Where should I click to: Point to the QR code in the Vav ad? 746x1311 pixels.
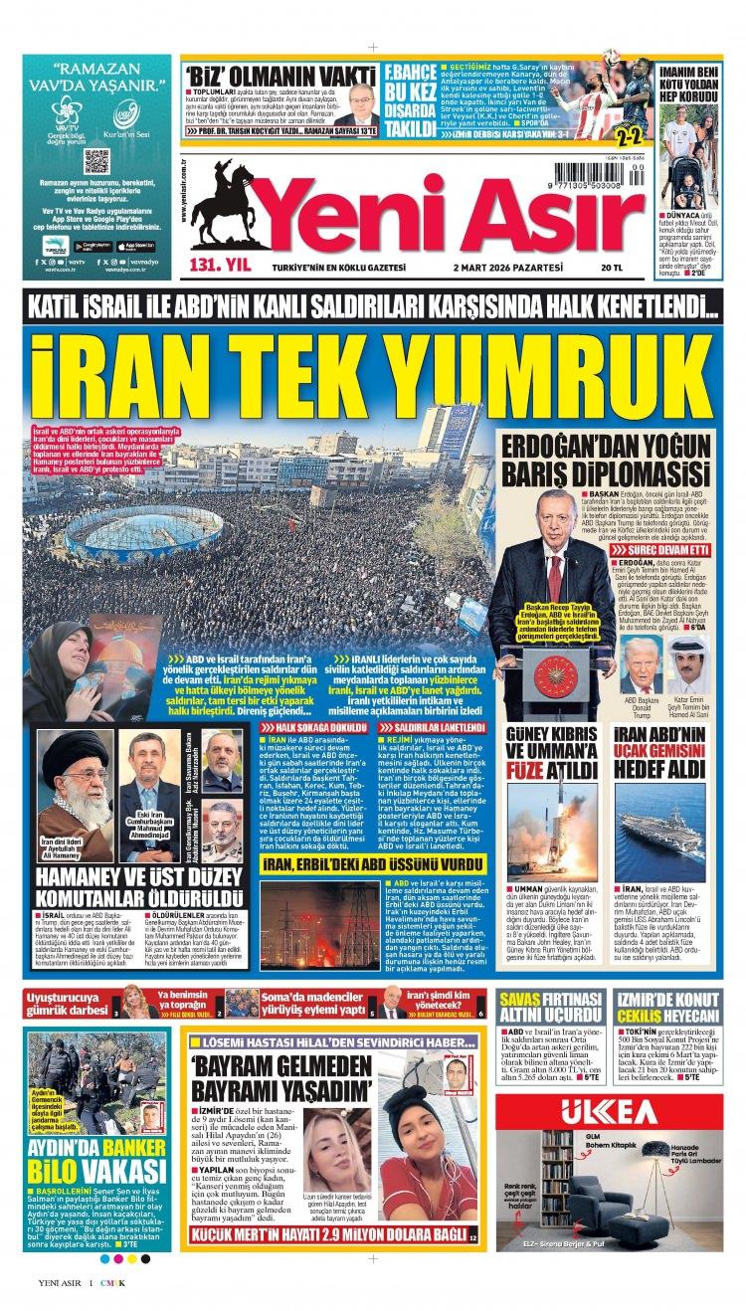[x=96, y=161]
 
